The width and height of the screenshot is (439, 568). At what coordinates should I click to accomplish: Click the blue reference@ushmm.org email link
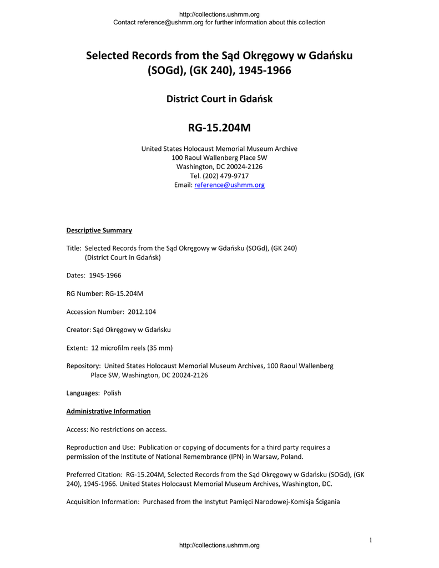tap(229, 185)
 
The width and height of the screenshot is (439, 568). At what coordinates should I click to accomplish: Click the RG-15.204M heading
tap(219, 129)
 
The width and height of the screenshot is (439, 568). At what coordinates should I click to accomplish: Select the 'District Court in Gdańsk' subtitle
tap(219, 99)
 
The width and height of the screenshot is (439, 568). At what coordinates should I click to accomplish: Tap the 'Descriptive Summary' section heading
tap(99, 230)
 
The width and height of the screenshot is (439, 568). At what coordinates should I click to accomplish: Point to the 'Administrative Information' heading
tap(108, 411)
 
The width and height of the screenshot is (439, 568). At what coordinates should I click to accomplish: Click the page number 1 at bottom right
tap(371, 540)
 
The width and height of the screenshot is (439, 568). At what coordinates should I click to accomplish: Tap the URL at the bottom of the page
tap(219, 546)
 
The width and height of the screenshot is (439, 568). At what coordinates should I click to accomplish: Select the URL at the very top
tap(219, 14)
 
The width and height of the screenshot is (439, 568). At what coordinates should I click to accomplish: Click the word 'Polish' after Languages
tap(112, 393)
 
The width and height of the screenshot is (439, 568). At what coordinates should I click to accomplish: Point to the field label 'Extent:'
tap(77, 348)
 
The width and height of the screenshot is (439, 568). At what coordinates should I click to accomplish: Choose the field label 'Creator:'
tap(78, 329)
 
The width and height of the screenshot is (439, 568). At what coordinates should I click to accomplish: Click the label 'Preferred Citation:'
tap(94, 474)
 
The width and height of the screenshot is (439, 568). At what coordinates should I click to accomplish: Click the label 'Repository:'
tap(83, 366)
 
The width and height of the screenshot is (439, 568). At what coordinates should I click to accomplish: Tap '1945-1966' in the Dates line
tap(105, 275)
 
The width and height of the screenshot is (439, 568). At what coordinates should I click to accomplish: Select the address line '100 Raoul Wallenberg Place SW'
tap(219, 158)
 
